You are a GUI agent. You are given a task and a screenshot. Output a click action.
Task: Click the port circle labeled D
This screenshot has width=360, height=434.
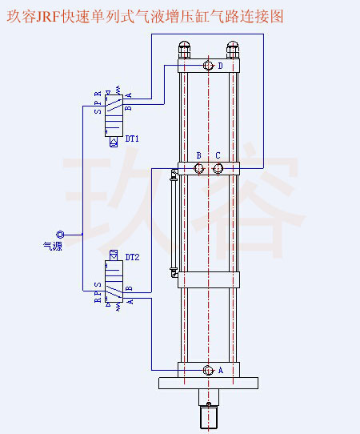pyautogui.click(x=208, y=66)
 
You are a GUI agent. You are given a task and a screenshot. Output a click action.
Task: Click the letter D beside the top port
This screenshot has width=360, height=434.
pyautogui.click(x=221, y=66)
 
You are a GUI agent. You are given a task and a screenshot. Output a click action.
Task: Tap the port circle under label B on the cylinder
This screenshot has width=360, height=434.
pyautogui.click(x=199, y=168)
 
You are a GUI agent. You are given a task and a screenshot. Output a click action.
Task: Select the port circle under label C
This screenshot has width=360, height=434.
pyautogui.click(x=218, y=168)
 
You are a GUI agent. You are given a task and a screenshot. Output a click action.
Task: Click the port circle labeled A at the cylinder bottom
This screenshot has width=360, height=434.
pyautogui.click(x=208, y=370)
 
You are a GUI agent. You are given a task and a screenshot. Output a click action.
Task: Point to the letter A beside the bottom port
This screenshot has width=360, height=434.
pyautogui.click(x=221, y=370)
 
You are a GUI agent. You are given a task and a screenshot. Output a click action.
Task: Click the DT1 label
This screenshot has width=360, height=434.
pyautogui.click(x=132, y=139)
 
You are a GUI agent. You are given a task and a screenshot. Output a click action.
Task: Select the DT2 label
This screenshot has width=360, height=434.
pyautogui.click(x=132, y=257)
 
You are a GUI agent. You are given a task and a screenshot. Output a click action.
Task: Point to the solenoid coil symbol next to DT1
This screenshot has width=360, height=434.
pyautogui.click(x=114, y=140)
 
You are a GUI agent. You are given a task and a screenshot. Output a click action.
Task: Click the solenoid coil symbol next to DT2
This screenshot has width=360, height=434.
pyautogui.click(x=114, y=256)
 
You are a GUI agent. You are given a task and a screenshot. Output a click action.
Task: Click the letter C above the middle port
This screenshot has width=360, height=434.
pyautogui.click(x=218, y=155)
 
